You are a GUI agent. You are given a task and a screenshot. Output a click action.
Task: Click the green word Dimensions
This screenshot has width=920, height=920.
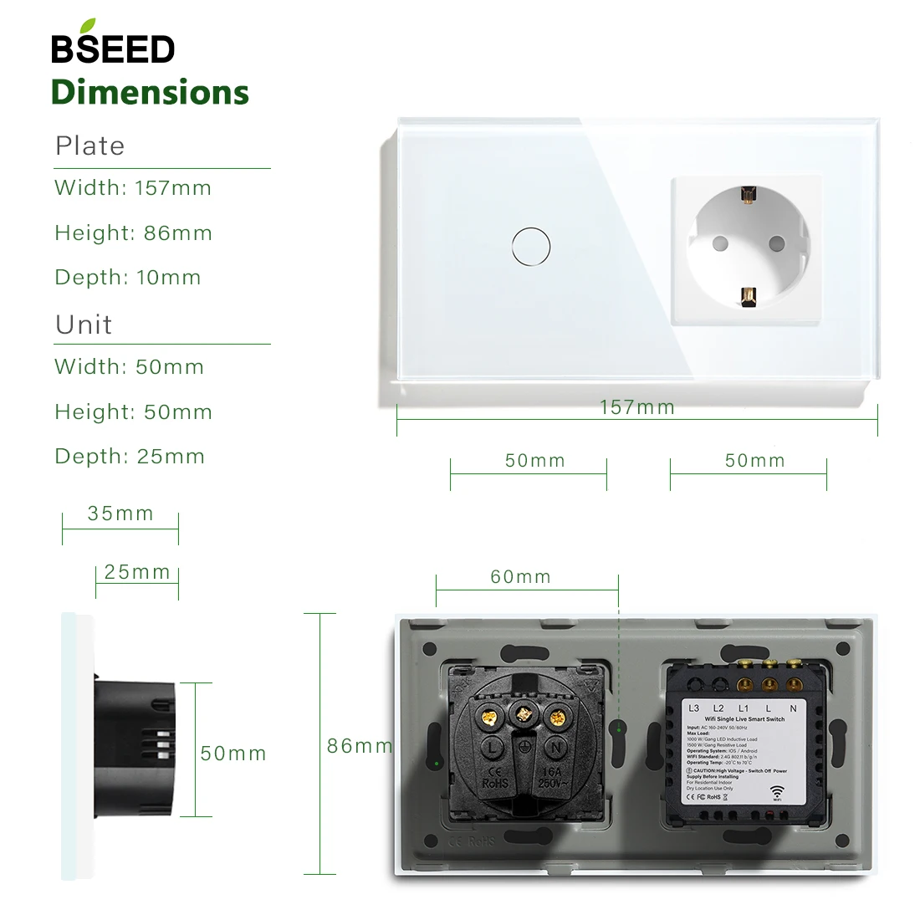(151, 92)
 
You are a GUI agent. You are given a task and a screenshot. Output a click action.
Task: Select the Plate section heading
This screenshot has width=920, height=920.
(89, 146)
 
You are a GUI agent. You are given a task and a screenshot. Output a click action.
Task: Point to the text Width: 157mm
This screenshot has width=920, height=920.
(133, 187)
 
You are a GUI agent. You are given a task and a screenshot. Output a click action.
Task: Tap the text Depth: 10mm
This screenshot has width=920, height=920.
(128, 278)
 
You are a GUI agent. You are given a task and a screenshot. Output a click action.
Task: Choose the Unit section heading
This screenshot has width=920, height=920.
(84, 325)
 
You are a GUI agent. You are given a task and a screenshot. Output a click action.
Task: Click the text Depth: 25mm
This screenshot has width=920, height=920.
(130, 457)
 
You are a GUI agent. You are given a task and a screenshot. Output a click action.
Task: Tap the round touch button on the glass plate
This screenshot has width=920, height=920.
(530, 247)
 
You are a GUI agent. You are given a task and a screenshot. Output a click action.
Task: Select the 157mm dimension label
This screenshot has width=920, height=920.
(637, 407)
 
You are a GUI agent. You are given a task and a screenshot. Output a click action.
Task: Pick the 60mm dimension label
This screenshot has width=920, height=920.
(520, 577)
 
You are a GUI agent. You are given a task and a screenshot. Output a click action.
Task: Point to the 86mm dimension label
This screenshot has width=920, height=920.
(359, 746)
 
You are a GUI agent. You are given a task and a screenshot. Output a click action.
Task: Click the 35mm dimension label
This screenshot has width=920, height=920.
(120, 514)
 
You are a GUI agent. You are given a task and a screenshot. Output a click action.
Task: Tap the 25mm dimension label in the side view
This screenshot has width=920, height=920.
(137, 572)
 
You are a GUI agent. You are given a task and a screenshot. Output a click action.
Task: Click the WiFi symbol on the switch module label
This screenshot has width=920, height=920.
(777, 792)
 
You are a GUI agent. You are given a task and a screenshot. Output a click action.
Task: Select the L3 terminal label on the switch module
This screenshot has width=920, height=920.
(693, 708)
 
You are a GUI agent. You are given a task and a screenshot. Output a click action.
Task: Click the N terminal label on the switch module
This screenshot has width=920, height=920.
(793, 708)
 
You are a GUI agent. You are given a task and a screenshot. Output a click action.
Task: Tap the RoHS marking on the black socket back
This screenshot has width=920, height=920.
(495, 784)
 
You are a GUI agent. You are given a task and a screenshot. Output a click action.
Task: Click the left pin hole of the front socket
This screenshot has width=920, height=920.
(718, 244)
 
